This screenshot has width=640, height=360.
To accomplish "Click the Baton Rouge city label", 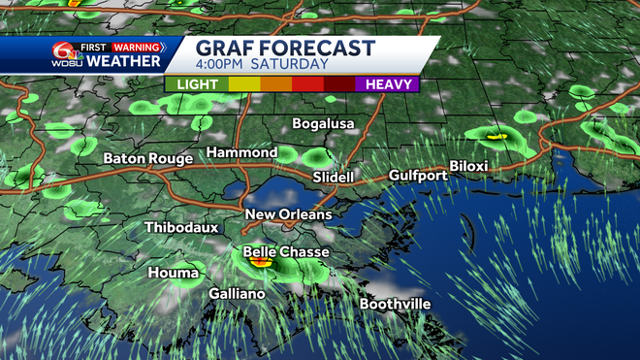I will [144, 158].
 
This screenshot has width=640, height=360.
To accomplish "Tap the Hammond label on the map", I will [241, 153].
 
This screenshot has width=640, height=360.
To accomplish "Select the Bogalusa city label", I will [324, 124].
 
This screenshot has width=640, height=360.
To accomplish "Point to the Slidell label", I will [334, 179].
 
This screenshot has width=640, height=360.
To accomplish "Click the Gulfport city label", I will [418, 176].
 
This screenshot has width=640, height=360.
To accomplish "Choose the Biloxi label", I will [467, 166].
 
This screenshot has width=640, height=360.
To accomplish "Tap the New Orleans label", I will [288, 214].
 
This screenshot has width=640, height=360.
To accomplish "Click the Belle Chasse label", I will [285, 252].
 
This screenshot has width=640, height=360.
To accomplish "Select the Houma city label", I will [173, 273].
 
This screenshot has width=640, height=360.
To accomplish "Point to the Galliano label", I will [237, 293].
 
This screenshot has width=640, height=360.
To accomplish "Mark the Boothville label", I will [395, 305].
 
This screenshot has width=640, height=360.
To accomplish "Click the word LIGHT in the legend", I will [197, 84].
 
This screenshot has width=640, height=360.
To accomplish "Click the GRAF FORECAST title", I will [285, 48].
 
